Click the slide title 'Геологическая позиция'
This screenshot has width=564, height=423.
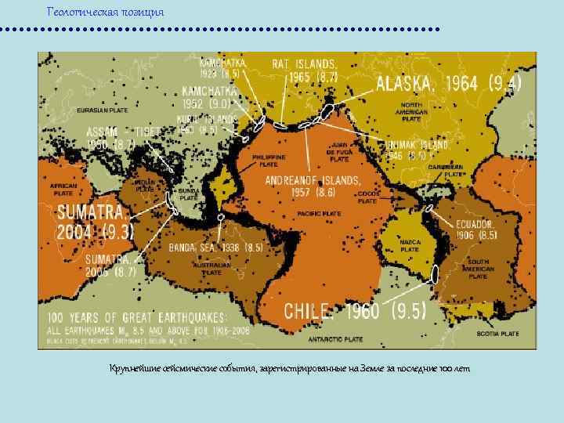point(106,13)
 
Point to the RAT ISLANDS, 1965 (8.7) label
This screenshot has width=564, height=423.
point(305,70)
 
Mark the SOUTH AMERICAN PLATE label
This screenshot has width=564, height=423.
point(477,269)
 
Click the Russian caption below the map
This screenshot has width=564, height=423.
point(290,368)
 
